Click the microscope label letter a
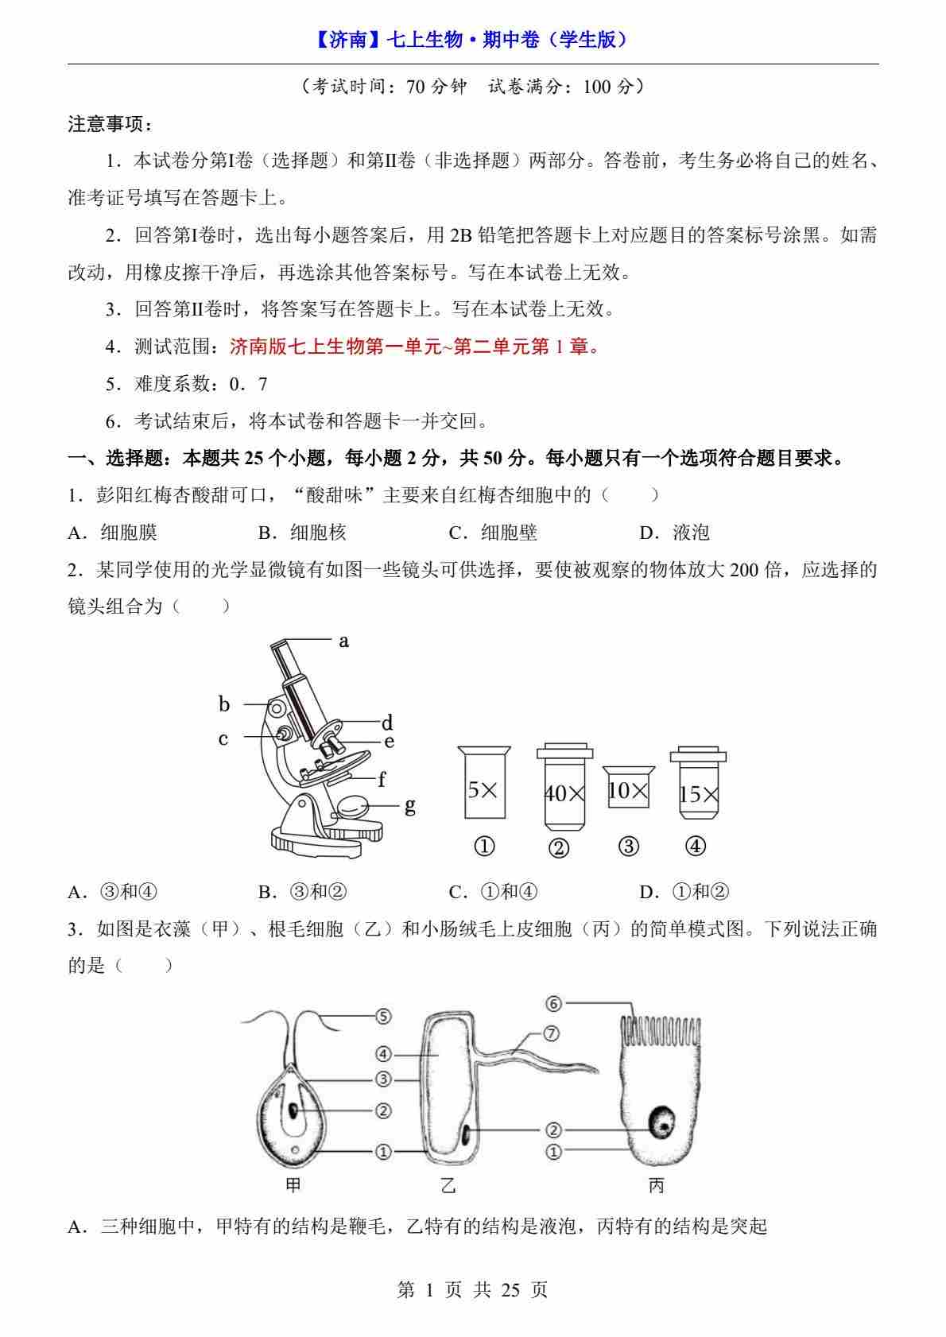[343, 641]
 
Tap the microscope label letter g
[410, 806]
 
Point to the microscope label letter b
[224, 703]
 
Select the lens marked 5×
[484, 782]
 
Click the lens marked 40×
[564, 787]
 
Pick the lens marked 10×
[629, 787]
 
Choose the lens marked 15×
[698, 783]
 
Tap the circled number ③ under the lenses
[629, 846]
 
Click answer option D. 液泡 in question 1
[674, 533]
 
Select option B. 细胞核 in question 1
[303, 533]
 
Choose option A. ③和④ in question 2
[113, 892]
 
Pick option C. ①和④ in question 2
[493, 892]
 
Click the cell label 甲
[293, 1185]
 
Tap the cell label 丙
[657, 1185]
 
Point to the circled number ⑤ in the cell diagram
[383, 1016]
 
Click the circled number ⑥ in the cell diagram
[554, 1004]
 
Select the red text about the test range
[416, 347]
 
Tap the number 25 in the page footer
[510, 1290]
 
